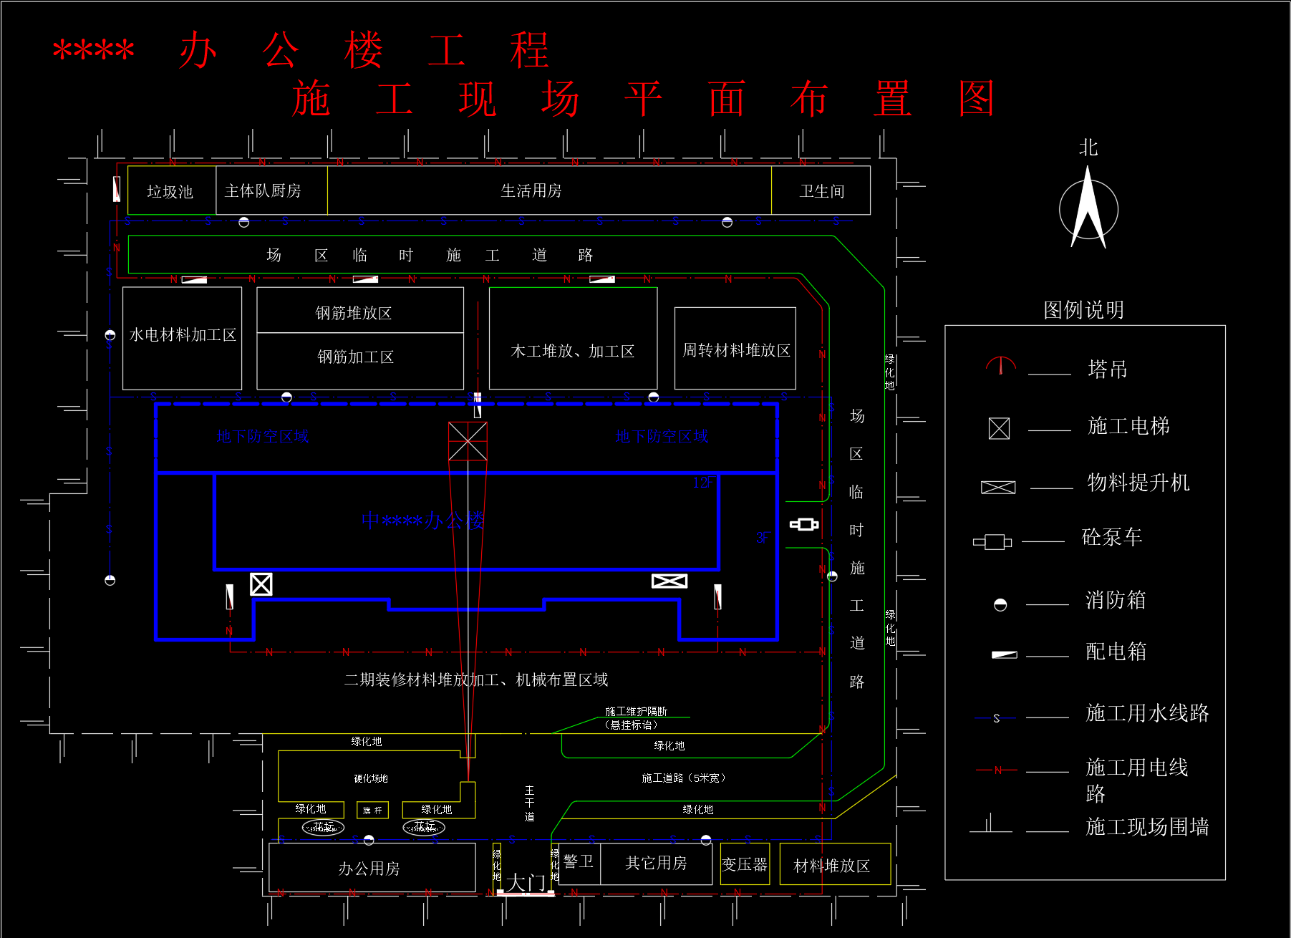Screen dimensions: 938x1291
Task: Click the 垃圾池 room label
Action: click(170, 191)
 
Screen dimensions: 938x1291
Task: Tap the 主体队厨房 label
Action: click(263, 190)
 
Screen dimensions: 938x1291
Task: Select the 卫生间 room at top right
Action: click(822, 191)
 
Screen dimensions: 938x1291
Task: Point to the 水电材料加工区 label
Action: click(183, 335)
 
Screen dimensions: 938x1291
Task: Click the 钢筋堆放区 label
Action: click(354, 313)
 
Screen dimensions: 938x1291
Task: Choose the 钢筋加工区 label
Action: click(356, 357)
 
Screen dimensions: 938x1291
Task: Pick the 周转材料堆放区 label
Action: click(736, 350)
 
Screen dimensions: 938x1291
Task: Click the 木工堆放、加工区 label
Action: click(573, 351)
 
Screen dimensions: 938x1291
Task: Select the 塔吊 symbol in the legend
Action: click(1000, 367)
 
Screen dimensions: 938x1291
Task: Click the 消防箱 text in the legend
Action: click(1116, 600)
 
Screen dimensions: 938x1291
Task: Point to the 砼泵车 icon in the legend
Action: click(992, 541)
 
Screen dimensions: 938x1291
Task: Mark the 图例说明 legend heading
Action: click(1083, 310)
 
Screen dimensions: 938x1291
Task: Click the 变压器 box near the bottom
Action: click(745, 864)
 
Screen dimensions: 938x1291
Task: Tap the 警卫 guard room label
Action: click(578, 861)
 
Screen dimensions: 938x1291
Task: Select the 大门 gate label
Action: click(526, 883)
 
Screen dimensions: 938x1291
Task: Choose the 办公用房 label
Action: click(369, 869)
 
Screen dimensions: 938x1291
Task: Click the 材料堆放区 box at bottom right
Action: click(832, 866)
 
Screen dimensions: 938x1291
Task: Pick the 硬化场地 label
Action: click(371, 778)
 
